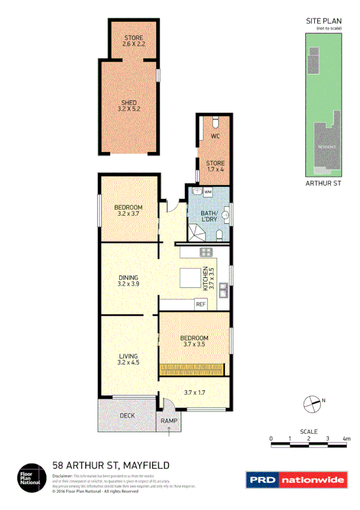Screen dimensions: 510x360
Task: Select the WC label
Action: click(215, 136)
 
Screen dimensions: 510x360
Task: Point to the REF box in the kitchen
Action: click(201, 304)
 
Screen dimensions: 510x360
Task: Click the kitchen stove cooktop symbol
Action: click(205, 252)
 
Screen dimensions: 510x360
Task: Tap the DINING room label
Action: click(129, 277)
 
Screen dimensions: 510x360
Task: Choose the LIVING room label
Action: click(129, 356)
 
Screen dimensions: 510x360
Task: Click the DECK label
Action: click(126, 416)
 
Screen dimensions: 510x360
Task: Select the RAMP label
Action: click(168, 421)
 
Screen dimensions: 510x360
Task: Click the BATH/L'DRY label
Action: click(209, 215)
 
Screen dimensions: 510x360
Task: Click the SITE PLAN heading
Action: click(323, 21)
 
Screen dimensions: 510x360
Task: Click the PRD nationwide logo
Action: click(296, 479)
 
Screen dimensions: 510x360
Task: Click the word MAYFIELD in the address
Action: click(147, 465)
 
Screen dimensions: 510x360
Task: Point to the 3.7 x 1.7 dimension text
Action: click(195, 392)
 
